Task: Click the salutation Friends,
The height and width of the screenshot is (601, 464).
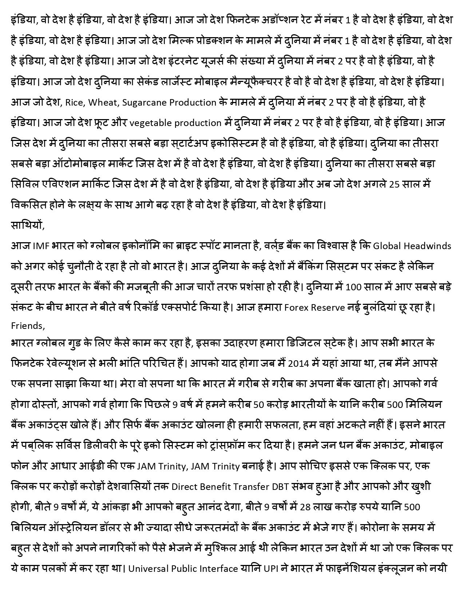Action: point(28,326)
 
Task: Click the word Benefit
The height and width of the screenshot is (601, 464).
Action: point(215,487)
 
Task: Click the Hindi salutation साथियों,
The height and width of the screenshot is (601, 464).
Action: point(28,225)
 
